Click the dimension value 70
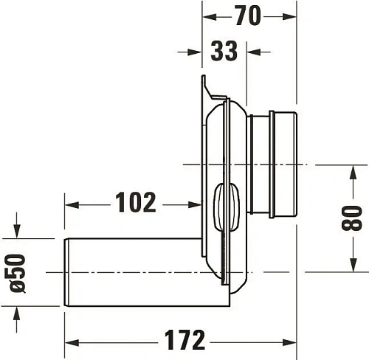click(249, 15)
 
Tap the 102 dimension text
click(135, 202)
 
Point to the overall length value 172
click(183, 340)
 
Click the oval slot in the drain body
click(223, 208)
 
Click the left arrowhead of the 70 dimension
click(208, 15)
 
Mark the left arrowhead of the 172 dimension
click(71, 341)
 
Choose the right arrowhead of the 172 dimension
click(292, 341)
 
